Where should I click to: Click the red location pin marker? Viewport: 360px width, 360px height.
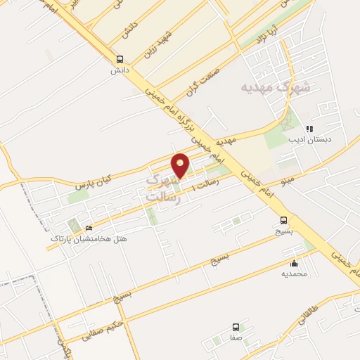point(181,166)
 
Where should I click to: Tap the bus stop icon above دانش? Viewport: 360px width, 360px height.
point(120,60)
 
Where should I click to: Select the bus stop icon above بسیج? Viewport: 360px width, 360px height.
point(283,219)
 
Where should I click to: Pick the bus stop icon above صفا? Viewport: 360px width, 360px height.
point(236,327)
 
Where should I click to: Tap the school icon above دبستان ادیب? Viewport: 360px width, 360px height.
point(309,129)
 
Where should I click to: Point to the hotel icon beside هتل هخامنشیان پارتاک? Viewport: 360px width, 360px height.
point(89,229)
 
